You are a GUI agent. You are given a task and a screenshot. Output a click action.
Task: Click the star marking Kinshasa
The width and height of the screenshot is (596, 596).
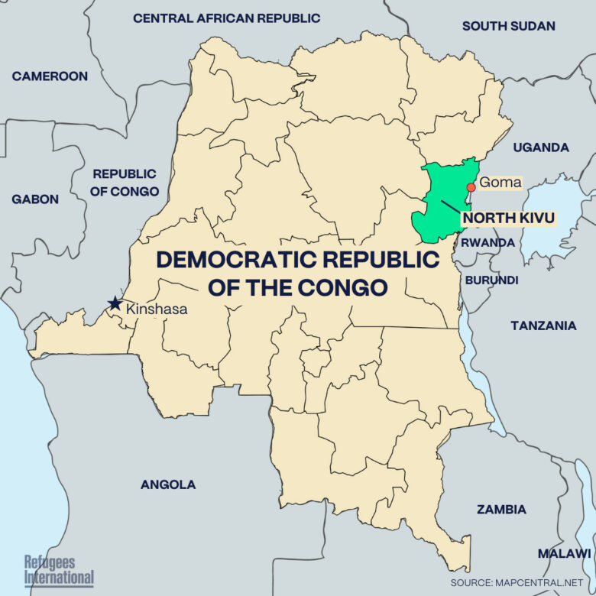[115, 303]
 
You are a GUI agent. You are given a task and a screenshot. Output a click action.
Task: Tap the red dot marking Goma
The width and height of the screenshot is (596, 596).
[471, 187]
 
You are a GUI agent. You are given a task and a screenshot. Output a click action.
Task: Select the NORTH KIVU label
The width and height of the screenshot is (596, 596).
[507, 218]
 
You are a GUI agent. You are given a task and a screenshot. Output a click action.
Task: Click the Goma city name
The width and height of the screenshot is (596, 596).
[500, 183]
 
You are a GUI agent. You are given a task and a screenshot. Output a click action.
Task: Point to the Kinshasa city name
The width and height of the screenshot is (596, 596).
[156, 309]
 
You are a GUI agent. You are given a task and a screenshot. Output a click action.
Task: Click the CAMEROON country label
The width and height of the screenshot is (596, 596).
[50, 76]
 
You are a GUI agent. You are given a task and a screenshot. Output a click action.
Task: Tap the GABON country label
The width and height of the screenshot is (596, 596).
[34, 199]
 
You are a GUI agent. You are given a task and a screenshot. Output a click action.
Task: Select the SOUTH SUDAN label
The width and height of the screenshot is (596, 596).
[508, 26]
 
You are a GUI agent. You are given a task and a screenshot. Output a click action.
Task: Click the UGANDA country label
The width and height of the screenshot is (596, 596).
[541, 147]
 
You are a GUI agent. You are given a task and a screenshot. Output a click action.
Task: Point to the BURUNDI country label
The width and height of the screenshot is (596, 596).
[491, 279]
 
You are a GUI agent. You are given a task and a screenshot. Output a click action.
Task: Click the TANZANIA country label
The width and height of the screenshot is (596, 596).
[543, 326]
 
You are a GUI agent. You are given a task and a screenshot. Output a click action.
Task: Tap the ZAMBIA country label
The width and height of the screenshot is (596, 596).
[501, 509]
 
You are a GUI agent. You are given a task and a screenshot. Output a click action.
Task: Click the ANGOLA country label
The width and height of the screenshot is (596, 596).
[168, 484]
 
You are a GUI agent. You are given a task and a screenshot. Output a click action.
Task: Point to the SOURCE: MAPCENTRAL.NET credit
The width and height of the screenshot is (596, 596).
[521, 582]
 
